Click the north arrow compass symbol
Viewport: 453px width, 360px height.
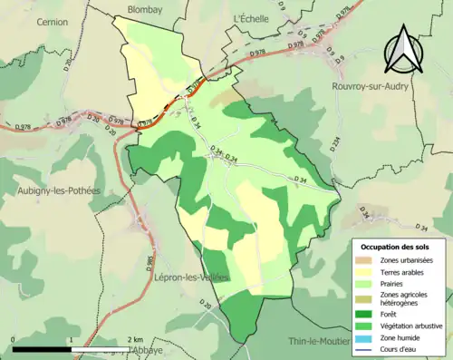click(403, 49)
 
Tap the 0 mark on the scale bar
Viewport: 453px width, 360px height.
click(14, 339)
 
